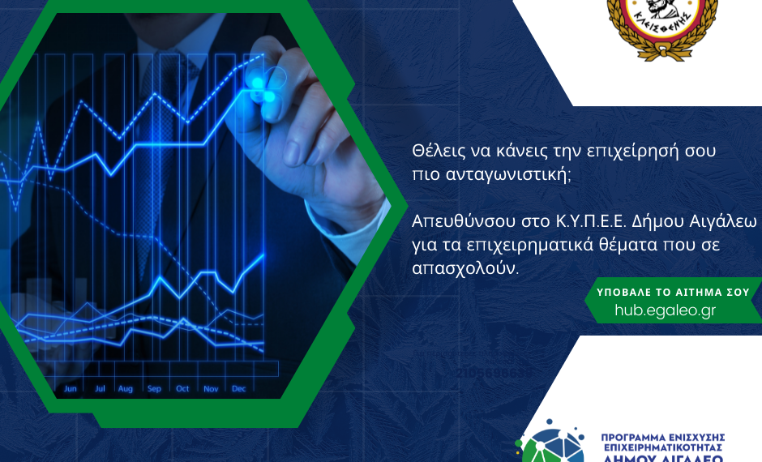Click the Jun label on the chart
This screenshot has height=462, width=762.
(71, 389)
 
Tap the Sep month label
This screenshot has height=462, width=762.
(154, 389)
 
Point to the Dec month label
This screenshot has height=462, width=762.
(238, 389)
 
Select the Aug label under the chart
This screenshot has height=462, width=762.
(125, 389)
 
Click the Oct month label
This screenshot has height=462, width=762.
(182, 389)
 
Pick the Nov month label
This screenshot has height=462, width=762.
(211, 389)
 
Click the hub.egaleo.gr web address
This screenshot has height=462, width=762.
(665, 310)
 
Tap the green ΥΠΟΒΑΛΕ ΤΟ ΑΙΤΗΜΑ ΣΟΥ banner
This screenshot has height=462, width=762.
(673, 292)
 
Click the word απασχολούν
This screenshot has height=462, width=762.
(464, 267)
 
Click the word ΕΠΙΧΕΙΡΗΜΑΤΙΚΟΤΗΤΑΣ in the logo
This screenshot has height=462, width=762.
(662, 447)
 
